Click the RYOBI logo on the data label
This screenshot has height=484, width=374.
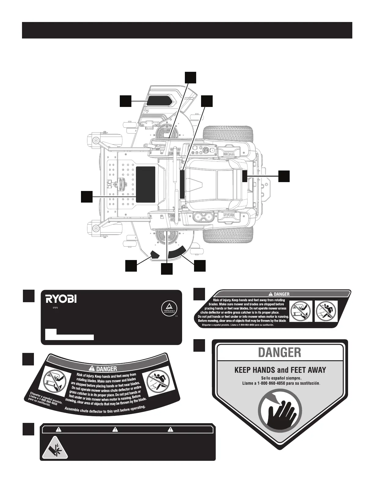[x=61, y=299]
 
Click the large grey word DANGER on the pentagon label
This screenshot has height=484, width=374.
[x=280, y=352]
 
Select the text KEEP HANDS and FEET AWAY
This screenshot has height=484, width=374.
[x=280, y=370]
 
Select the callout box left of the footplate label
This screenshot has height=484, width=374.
[x=87, y=196]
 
